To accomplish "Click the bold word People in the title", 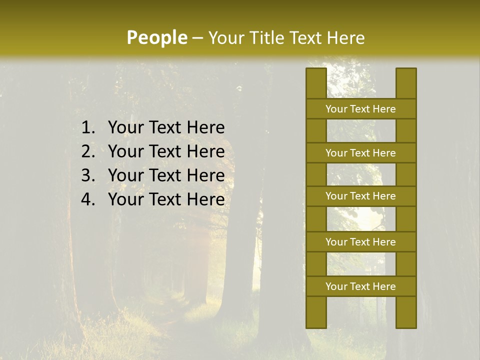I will [156, 38].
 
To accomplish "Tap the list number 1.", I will [87, 128].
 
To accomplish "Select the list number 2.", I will [87, 151].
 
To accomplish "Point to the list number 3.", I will [87, 175].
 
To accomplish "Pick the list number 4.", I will [87, 199].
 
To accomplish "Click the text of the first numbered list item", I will [166, 128].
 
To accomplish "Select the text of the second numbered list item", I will [166, 151].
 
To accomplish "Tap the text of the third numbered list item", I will [166, 175].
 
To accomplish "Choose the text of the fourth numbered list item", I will [166, 199].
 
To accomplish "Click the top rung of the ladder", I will [360, 109].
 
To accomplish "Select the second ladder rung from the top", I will [360, 153].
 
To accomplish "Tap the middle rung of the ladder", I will [360, 196].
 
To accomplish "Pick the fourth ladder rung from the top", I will [360, 242].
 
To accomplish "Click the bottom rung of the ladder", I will [360, 286].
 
